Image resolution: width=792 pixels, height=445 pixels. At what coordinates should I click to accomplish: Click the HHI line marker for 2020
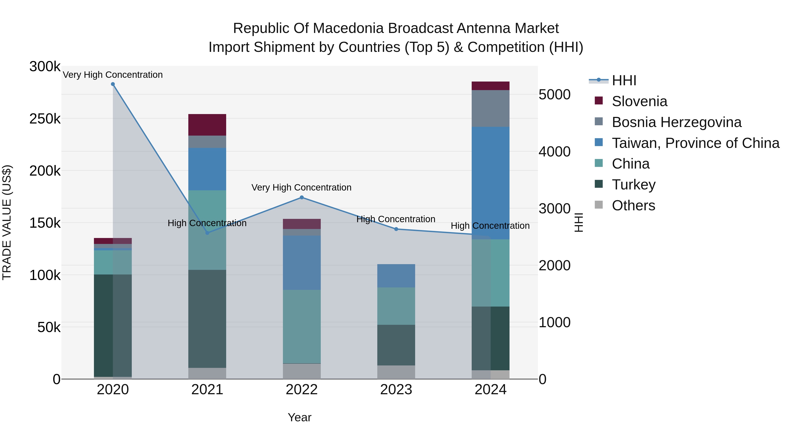coord(113,84)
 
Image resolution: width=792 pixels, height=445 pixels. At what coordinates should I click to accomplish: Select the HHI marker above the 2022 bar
coord(302,198)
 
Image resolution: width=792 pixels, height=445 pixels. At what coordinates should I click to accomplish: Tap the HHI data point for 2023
coord(396,229)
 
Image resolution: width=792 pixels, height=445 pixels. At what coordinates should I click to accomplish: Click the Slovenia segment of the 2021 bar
coord(207,125)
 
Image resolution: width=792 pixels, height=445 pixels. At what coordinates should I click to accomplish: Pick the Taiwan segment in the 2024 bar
coord(490,183)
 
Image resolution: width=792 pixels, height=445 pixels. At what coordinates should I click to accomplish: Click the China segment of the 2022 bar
coord(302,327)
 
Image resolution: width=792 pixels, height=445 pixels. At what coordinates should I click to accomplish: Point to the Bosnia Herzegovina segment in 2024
coord(490,108)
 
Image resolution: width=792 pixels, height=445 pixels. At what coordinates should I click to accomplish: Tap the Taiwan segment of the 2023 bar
coord(396,276)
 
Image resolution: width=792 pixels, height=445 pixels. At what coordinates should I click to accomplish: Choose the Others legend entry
coord(633,205)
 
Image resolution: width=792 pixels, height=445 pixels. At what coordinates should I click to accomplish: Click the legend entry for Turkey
coord(633,185)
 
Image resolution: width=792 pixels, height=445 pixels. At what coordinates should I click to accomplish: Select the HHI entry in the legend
coord(624,80)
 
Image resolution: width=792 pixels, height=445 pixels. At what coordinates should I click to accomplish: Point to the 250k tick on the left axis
coord(45,119)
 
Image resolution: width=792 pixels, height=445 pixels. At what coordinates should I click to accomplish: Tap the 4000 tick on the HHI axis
coord(554,151)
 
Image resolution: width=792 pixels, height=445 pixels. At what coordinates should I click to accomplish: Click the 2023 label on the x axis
coord(396,390)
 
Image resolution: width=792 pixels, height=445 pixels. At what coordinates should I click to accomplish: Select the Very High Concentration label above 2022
coord(301,187)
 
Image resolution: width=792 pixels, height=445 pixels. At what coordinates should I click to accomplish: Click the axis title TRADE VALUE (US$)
coord(7,222)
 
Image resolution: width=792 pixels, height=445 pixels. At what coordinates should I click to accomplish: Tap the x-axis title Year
coord(299,417)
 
